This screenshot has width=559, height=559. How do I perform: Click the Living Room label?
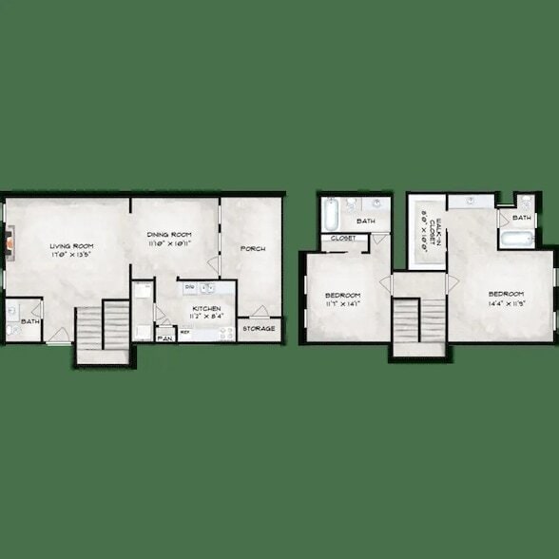click(x=69, y=245)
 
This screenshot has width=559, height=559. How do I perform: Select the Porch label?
click(x=253, y=249)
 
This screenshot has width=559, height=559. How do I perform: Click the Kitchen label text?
click(x=206, y=309)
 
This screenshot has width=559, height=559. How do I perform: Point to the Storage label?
click(x=259, y=329)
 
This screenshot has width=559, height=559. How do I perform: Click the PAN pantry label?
click(x=164, y=337)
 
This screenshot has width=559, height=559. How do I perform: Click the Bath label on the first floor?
click(x=30, y=322)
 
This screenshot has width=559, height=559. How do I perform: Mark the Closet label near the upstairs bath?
click(x=343, y=238)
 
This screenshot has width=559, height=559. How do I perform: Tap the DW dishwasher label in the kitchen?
click(x=189, y=286)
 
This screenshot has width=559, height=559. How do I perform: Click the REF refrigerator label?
click(x=184, y=332)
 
